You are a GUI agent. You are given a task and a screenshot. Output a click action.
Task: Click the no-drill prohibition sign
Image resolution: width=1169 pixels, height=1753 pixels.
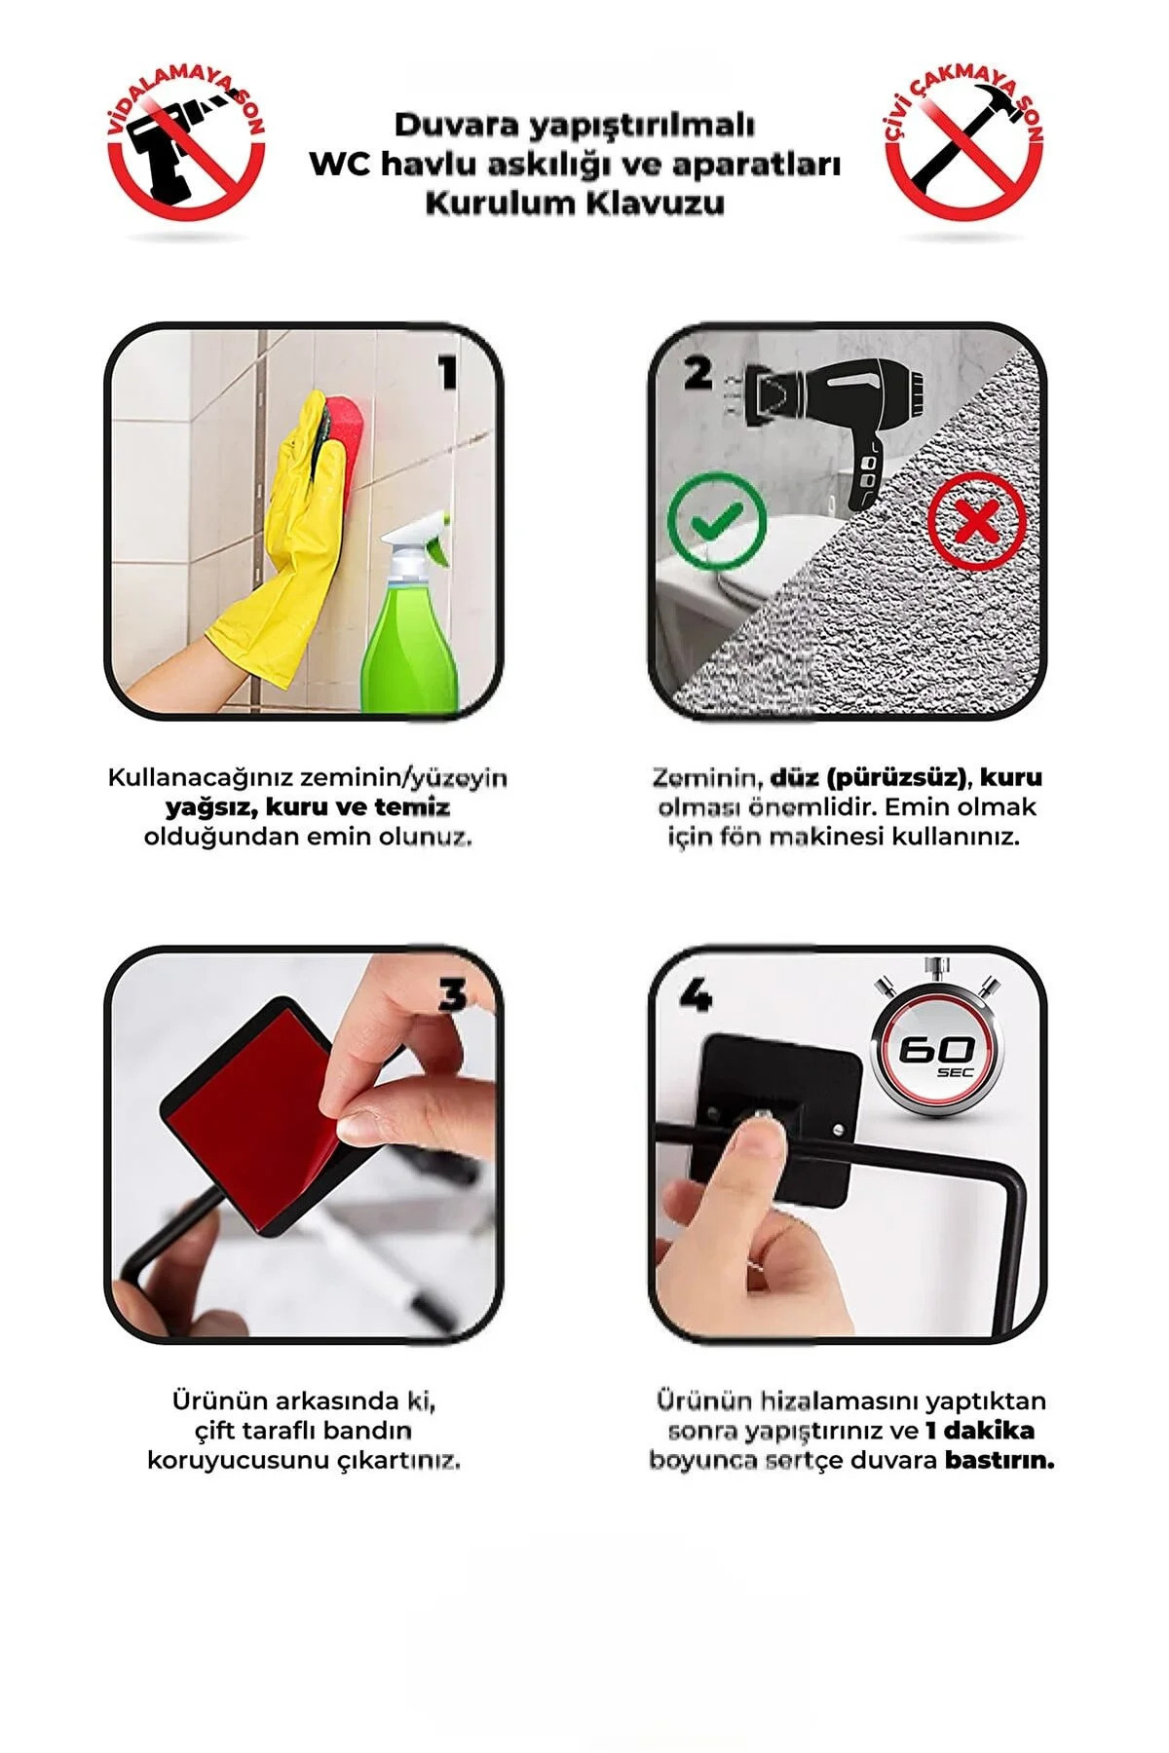click(x=185, y=146)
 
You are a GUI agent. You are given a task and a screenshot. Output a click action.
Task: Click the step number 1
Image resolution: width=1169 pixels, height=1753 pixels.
click(x=447, y=373)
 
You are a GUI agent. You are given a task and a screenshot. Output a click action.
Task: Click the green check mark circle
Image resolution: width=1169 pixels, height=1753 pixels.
click(x=718, y=521)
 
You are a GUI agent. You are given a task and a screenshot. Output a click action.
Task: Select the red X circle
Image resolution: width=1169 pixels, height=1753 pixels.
click(x=976, y=521)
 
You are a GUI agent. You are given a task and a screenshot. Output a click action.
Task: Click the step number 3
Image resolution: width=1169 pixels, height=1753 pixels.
click(x=453, y=996)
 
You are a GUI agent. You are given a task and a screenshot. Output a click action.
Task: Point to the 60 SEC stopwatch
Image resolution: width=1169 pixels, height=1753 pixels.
click(x=935, y=1052)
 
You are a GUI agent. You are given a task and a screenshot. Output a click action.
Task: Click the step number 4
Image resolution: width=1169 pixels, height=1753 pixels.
click(x=695, y=995)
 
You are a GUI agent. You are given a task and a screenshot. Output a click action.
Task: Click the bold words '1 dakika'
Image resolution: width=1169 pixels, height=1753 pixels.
click(x=979, y=1431)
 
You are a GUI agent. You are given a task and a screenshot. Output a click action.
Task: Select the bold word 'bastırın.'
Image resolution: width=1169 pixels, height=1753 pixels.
click(x=999, y=1460)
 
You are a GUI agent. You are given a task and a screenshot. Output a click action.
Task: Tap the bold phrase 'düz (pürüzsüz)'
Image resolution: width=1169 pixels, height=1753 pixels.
click(x=869, y=778)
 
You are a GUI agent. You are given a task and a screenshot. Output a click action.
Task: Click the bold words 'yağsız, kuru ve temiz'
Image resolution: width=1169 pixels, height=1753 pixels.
click(x=308, y=807)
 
